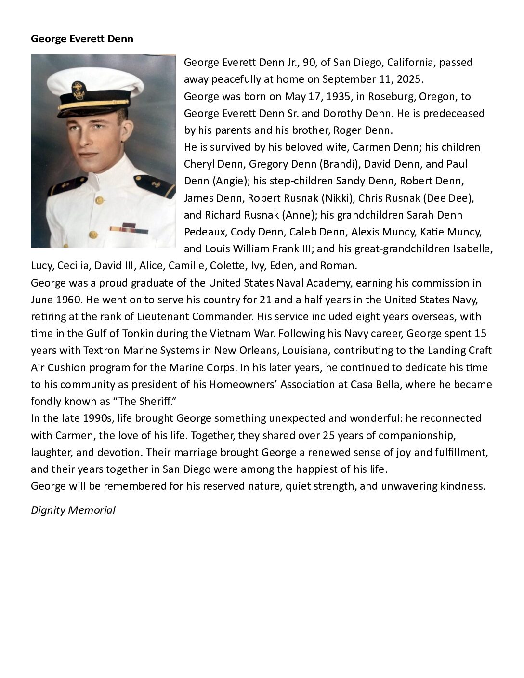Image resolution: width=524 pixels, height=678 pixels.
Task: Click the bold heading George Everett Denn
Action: [82, 39]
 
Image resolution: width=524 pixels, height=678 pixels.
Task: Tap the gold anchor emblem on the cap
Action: [78, 90]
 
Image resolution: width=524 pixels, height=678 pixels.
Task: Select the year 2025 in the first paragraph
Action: [409, 79]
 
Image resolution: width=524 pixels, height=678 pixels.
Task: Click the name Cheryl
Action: [198, 164]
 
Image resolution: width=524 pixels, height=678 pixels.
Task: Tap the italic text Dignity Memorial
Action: [73, 510]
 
